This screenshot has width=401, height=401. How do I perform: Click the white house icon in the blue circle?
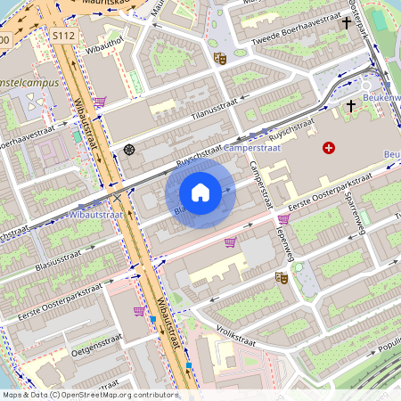pyautogui.click(x=200, y=192)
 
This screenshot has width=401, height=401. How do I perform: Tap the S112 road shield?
pyautogui.click(x=64, y=37)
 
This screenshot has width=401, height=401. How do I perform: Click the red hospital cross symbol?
pyautogui.click(x=330, y=147)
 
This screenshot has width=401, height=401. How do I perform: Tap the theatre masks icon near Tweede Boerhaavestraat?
pyautogui.click(x=219, y=59)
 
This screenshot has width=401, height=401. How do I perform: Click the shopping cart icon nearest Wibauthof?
pyautogui.click(x=100, y=102)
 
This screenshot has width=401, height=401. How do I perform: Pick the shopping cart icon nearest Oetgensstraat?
pyautogui.click(x=139, y=311)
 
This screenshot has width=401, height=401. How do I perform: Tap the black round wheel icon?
pyautogui.click(x=129, y=150)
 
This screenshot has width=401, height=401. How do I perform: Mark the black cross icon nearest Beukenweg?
pyautogui.click(x=350, y=106)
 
